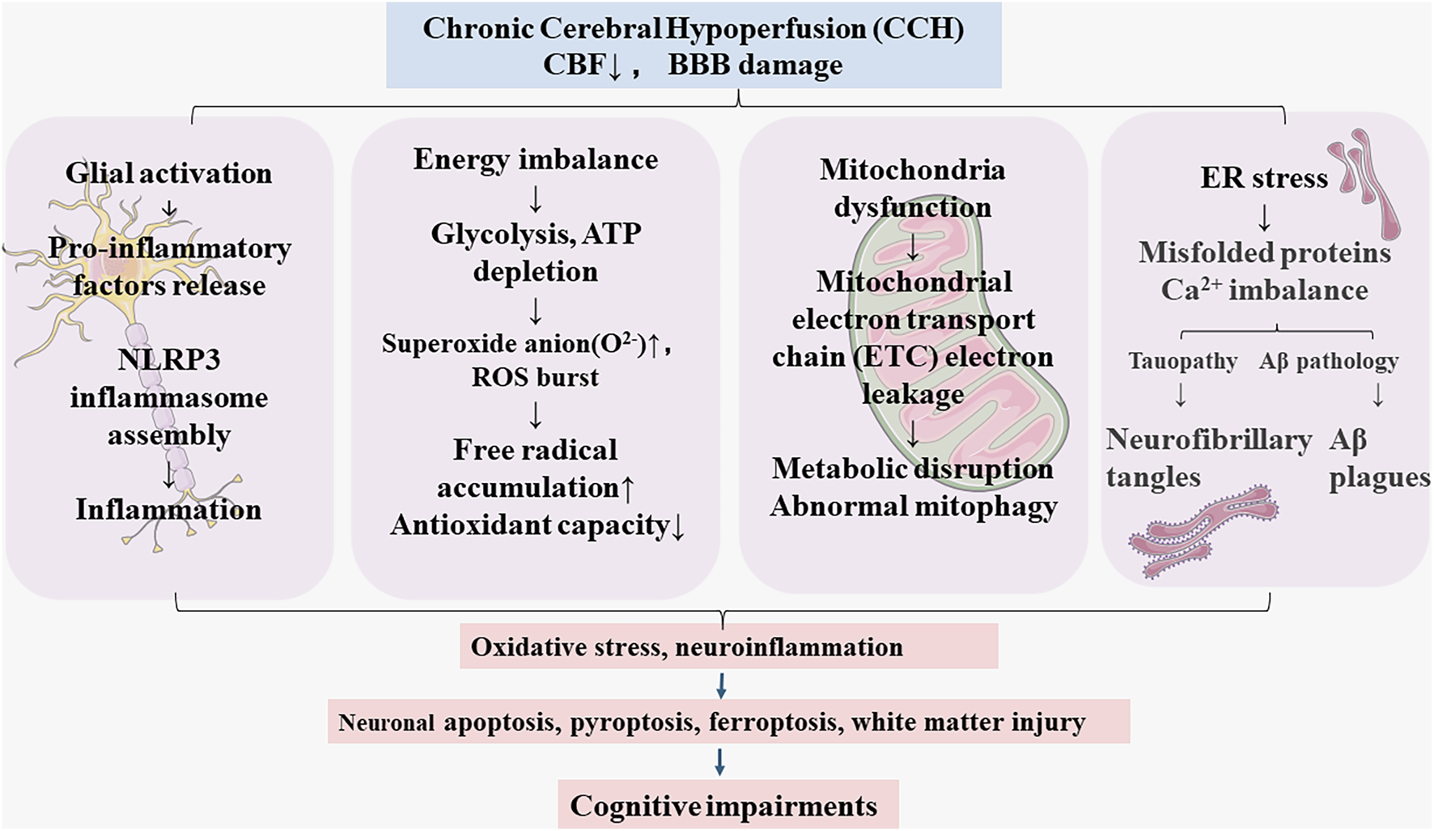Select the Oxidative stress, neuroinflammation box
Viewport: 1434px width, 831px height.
[x=728, y=646]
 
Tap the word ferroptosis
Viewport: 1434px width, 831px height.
[x=772, y=721]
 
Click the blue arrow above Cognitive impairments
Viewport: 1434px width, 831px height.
[x=719, y=761]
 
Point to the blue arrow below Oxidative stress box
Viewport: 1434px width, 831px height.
[x=721, y=686]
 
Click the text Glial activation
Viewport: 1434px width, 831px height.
[x=168, y=172]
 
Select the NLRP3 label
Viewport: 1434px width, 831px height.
[x=168, y=358]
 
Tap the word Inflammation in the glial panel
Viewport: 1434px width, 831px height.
[x=168, y=509]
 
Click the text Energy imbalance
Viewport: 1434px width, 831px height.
[x=535, y=159]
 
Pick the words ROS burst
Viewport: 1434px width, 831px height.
[x=535, y=377]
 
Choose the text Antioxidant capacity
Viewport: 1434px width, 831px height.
[x=530, y=525]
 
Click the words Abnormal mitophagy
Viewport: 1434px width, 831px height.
[x=914, y=506]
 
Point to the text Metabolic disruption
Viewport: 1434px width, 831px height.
[x=912, y=468]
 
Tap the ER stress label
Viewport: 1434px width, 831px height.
[x=1263, y=178]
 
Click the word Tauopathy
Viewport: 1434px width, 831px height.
[x=1182, y=361]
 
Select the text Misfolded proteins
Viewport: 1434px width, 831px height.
[x=1264, y=252]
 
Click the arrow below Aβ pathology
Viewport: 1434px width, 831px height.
[x=1377, y=395]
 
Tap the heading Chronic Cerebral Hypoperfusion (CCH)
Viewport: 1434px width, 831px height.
[x=694, y=28]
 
